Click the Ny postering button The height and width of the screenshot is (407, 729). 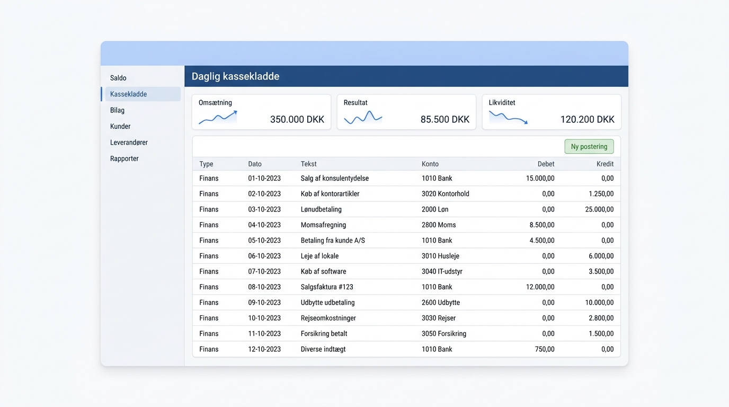click(589, 146)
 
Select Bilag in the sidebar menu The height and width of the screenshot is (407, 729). click(117, 110)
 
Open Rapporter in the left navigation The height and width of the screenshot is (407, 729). click(125, 158)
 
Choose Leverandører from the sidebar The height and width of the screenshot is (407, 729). click(129, 142)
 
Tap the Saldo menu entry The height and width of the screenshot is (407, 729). click(118, 78)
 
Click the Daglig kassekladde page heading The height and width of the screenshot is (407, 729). click(235, 76)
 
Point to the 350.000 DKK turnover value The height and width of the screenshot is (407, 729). click(297, 119)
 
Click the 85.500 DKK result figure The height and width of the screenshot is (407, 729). click(445, 119)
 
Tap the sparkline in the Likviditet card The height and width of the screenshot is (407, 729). click(508, 118)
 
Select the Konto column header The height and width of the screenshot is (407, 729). click(430, 164)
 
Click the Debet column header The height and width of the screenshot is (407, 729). click(546, 164)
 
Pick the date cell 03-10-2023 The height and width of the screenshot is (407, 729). click(264, 209)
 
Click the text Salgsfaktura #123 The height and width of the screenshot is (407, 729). click(327, 287)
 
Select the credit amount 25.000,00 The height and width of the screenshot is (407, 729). click(599, 209)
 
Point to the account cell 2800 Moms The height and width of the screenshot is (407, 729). click(439, 225)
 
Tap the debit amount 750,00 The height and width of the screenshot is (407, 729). click(545, 349)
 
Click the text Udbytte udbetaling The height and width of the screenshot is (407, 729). click(328, 303)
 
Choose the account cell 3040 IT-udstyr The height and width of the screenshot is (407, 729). click(442, 271)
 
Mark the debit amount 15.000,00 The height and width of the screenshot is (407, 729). click(540, 178)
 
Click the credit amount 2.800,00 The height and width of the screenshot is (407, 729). click(601, 318)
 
